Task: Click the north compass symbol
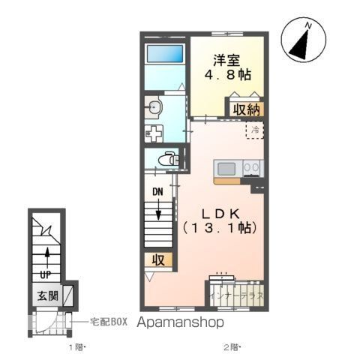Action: click(x=304, y=41)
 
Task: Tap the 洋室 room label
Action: click(x=227, y=58)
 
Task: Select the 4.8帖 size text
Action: click(x=228, y=76)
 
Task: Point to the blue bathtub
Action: click(x=164, y=54)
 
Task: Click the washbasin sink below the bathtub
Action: click(x=154, y=106)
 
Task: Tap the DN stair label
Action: click(x=158, y=191)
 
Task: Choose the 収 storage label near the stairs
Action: click(x=160, y=259)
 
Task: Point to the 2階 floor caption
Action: click(x=231, y=348)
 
